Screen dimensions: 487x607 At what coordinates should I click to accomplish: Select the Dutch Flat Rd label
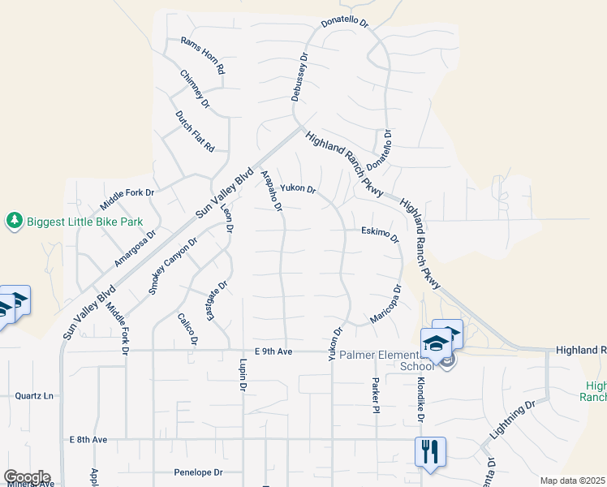coord(195,131)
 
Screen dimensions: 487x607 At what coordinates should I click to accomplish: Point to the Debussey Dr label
coord(300,77)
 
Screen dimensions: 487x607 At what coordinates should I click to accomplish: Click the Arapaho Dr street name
coord(271,191)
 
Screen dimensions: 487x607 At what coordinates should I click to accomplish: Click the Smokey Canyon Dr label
coord(173,265)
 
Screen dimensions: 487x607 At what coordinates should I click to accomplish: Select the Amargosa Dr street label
coord(135,248)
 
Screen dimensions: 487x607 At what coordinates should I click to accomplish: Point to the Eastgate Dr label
coord(216,300)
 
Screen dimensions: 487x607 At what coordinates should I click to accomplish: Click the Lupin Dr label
coord(243,375)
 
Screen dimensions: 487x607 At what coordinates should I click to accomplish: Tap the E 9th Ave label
coord(273,351)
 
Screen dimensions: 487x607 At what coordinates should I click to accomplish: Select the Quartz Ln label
coord(34,396)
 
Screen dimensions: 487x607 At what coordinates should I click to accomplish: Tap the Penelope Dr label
coord(198,472)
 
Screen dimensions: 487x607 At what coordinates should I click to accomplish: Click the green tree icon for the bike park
coord(14,220)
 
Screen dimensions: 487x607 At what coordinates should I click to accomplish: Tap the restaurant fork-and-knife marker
coord(430,451)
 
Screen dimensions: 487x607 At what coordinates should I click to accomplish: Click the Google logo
coord(26,477)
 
